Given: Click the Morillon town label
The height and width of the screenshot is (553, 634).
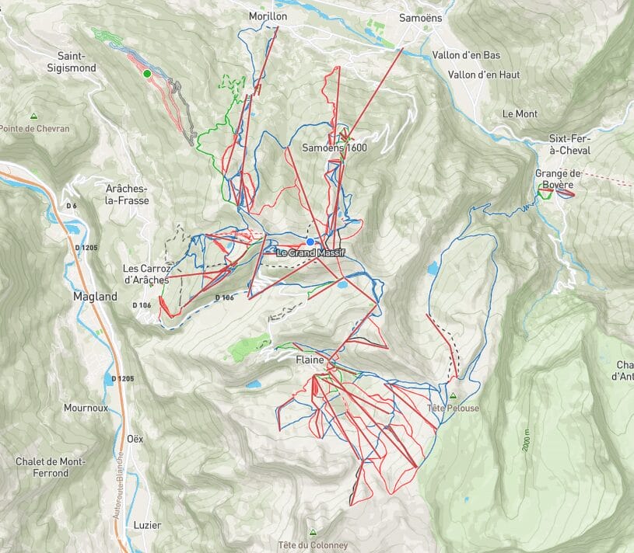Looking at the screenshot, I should coord(268,16).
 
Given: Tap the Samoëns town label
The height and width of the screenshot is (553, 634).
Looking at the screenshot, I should coord(419,16).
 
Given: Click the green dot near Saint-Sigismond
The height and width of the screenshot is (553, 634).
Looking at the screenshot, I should coord(146,74).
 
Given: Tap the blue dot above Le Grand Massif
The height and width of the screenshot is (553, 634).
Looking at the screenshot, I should coord(310,242).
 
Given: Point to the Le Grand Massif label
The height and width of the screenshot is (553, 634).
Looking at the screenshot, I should coord(310,253).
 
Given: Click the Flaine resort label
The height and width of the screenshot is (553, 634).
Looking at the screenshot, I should coord(309,360).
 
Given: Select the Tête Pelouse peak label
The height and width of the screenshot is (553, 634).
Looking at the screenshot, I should coord(453,408).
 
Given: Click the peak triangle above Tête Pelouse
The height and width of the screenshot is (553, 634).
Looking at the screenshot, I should coord(453,395).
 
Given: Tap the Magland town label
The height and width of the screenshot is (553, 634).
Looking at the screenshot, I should coord(95,296).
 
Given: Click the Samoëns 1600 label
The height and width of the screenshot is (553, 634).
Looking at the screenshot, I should coord(334,148).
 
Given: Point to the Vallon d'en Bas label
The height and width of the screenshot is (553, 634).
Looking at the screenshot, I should coord(465,55).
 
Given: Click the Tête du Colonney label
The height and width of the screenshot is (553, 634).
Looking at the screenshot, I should coord(313,544).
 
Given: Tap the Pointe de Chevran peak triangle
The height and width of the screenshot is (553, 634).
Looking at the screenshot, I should coord(33,115).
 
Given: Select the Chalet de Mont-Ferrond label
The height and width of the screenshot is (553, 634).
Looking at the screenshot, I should coord(51,467).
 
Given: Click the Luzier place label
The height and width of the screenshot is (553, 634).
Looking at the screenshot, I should coord(147,525).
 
